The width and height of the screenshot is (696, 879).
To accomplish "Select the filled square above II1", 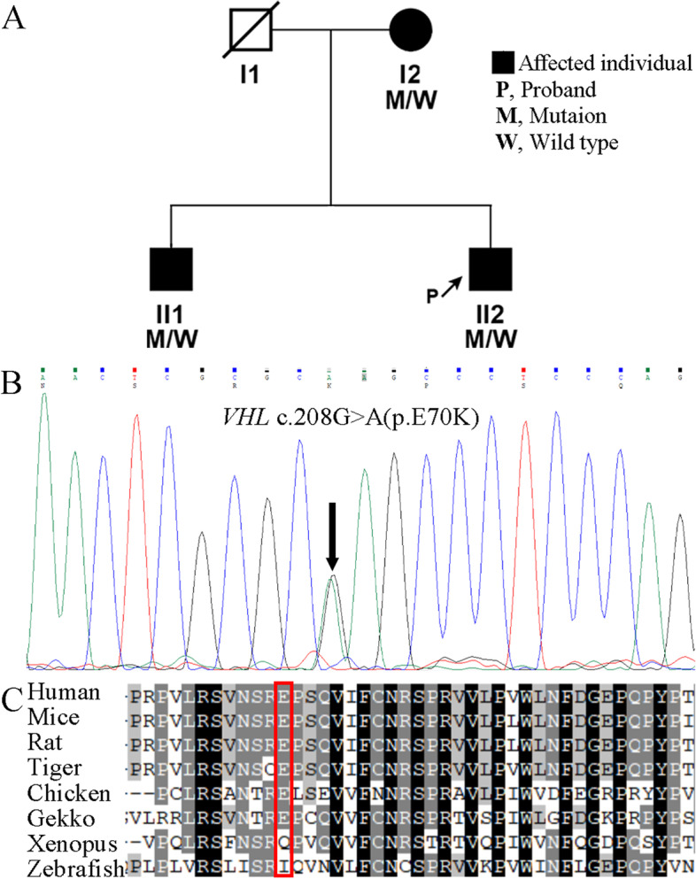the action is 171,270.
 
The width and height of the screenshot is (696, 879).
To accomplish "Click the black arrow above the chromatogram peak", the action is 332,537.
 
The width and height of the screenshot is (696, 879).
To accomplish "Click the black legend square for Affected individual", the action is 503,63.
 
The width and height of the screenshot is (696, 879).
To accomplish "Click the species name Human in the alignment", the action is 55,690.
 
